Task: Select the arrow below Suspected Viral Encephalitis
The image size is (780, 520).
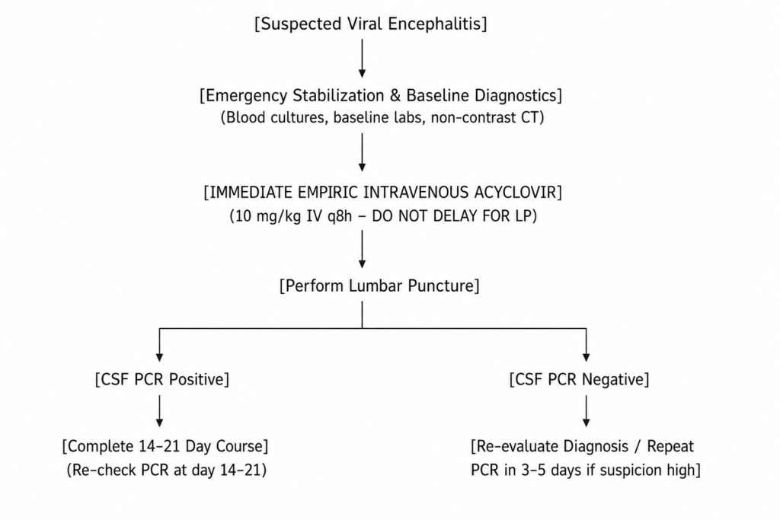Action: pyautogui.click(x=362, y=58)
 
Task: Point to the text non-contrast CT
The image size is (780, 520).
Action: pyautogui.click(x=487, y=118)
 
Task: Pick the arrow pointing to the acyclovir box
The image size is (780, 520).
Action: pyautogui.click(x=362, y=152)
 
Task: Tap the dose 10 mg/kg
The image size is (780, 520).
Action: pyautogui.click(x=266, y=216)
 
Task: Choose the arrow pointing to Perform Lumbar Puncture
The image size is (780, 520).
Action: pyautogui.click(x=362, y=249)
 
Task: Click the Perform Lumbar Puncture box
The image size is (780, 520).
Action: pyautogui.click(x=379, y=286)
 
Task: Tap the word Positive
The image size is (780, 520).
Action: pyautogui.click(x=199, y=379)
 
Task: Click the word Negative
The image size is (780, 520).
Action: pyautogui.click(x=615, y=379)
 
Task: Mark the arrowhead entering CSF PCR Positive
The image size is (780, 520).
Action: pyautogui.click(x=159, y=357)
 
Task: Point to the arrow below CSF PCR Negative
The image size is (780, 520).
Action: pyautogui.click(x=586, y=411)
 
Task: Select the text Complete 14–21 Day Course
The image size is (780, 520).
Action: pyautogui.click(x=165, y=446)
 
